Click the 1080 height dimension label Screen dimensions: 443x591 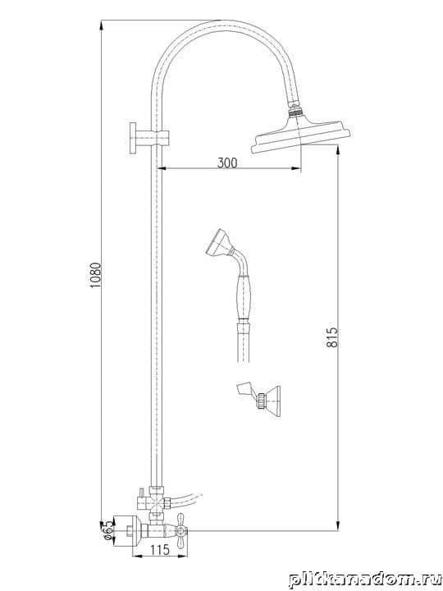click(x=96, y=276)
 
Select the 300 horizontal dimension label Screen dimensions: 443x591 click(x=227, y=163)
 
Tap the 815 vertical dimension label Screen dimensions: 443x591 click(x=332, y=337)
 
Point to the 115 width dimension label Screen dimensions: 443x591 click(x=160, y=550)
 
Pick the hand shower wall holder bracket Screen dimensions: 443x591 click(x=259, y=401)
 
